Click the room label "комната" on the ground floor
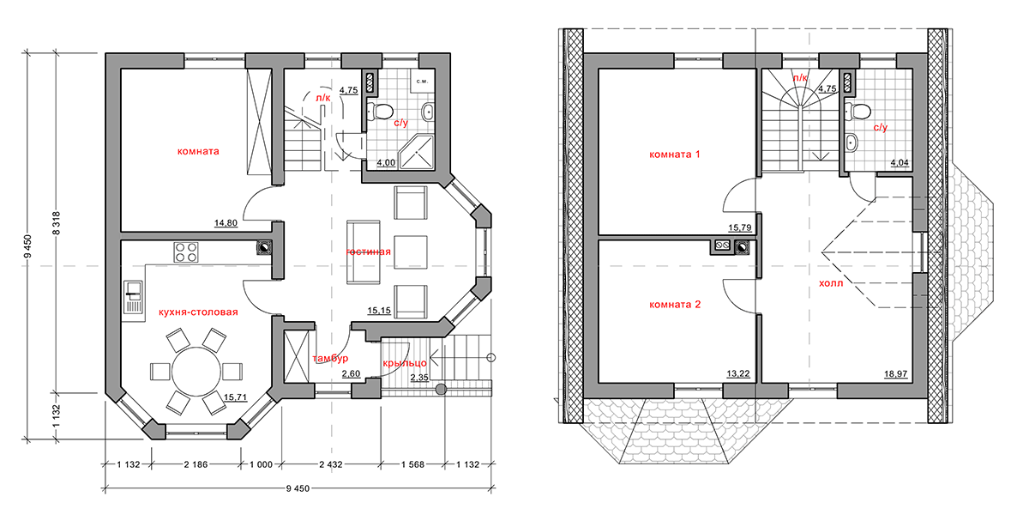click(x=198, y=151)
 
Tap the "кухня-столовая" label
click(x=198, y=312)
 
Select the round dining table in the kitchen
click(x=196, y=372)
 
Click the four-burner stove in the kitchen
click(x=186, y=252)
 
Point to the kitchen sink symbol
click(x=133, y=297)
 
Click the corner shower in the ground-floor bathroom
click(x=416, y=151)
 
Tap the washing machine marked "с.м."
click(x=423, y=82)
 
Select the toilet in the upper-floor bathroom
click(x=858, y=112)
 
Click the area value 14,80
click(x=226, y=223)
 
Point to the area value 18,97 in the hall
click(x=896, y=374)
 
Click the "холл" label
click(x=831, y=283)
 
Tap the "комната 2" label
click(x=675, y=305)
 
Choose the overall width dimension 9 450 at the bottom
click(x=298, y=488)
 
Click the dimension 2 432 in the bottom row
click(x=331, y=464)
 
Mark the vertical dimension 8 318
click(x=57, y=223)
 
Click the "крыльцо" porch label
click(x=405, y=363)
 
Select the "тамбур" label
click(x=330, y=358)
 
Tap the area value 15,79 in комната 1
click(x=740, y=227)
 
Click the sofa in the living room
click(x=364, y=252)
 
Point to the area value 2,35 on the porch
click(x=419, y=378)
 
